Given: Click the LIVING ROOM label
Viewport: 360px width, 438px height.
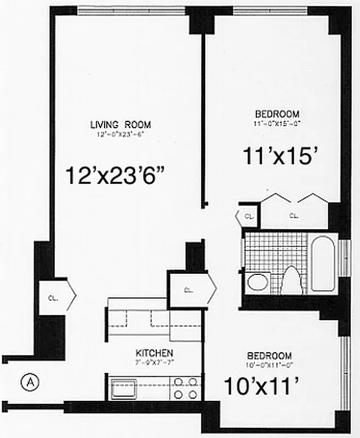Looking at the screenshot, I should click(x=120, y=124).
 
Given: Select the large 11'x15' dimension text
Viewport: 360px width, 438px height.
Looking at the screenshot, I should click(x=280, y=157).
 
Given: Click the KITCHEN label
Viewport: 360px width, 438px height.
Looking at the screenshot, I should click(x=155, y=353).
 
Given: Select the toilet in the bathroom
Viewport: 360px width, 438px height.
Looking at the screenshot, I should click(x=289, y=280).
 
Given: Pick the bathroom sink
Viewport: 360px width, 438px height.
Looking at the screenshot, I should click(x=256, y=283).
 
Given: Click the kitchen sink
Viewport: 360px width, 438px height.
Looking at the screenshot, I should click(x=125, y=389).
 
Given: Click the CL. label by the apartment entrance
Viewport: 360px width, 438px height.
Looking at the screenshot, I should click(x=54, y=298).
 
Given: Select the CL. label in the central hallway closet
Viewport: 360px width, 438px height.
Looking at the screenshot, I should click(x=188, y=290).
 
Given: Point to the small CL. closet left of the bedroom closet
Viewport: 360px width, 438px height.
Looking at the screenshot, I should click(x=248, y=216).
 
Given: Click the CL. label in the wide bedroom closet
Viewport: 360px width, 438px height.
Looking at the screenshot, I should click(x=294, y=216).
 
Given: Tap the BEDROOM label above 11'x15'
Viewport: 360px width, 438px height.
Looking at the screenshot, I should click(x=277, y=114).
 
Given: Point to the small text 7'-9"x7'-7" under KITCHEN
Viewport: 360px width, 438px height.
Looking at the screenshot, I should click(x=155, y=362).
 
